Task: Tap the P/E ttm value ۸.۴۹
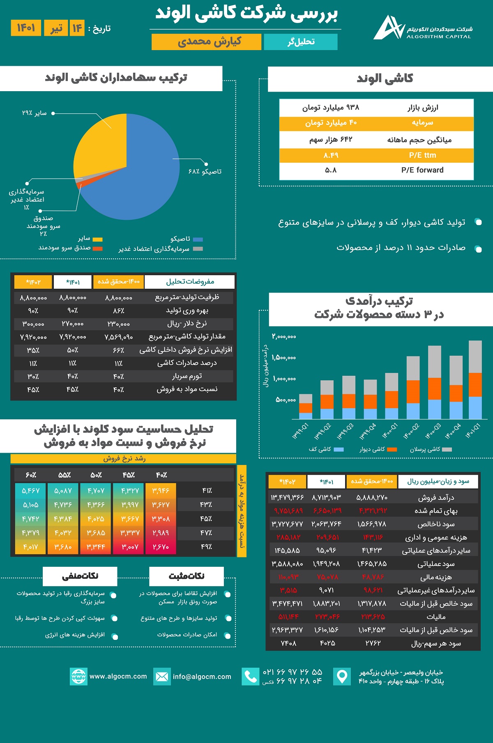pos(331,155)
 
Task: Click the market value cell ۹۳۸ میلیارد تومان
pos(331,108)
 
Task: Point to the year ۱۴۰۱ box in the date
pos(26,28)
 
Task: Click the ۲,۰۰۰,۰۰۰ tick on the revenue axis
pos(284,337)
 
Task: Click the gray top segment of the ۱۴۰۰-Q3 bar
pos(434,361)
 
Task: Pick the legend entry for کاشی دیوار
pos(378,449)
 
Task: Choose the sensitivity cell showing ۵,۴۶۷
pos(30,491)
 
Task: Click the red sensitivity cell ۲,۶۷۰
pos(161,547)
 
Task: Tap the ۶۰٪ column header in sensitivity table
pos(31,475)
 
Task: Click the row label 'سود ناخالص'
pos(436,524)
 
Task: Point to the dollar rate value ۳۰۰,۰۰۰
pos(33,324)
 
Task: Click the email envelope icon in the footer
pos(162,676)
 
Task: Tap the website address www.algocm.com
pos(118,676)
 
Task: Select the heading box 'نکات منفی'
pos(80,576)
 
